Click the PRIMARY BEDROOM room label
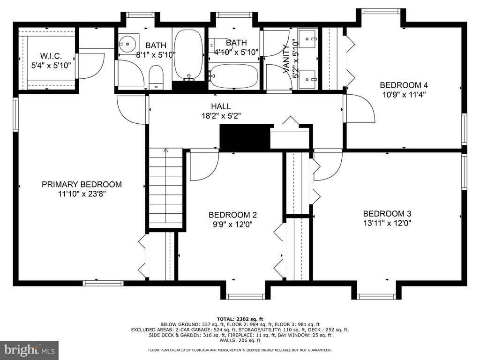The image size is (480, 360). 82,184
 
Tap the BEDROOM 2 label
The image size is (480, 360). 232,215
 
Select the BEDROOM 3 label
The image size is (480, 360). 387,213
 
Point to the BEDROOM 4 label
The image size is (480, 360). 404,85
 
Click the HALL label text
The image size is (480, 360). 221,106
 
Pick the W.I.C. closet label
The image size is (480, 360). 51,56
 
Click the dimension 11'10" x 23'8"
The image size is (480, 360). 82,194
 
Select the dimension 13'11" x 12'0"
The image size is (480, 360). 387,223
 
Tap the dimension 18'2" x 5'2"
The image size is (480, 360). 221,116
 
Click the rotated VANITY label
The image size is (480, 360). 286,59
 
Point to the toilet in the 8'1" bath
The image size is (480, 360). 156,78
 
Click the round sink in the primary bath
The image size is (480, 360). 126,44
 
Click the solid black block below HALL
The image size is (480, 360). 245,137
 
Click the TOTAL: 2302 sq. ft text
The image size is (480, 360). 240,319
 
